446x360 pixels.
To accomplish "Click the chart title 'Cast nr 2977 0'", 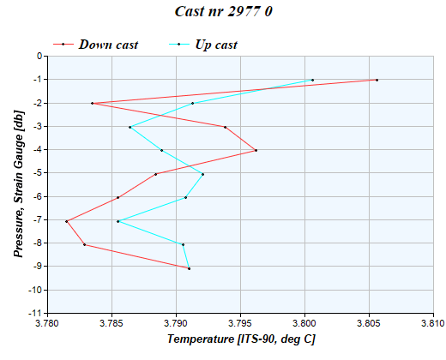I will pyautogui.click(x=223, y=12).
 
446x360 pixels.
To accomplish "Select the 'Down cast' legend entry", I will pyautogui.click(x=108, y=44).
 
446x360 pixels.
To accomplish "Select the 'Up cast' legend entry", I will pyautogui.click(x=215, y=44).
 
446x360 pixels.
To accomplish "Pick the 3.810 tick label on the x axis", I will pyautogui.click(x=433, y=325).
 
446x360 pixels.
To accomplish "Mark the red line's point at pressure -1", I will pyautogui.click(x=377, y=80).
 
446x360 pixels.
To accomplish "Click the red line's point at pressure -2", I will pyautogui.click(x=92, y=104).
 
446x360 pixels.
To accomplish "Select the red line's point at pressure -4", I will pyautogui.click(x=256, y=150).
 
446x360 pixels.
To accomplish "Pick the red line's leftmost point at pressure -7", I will pyautogui.click(x=66, y=221).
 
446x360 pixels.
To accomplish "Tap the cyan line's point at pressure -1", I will pyautogui.click(x=312, y=80).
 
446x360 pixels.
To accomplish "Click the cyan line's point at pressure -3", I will pyautogui.click(x=130, y=127).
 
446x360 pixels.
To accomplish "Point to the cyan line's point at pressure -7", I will pyautogui.click(x=118, y=221).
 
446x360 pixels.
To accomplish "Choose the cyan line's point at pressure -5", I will pyautogui.click(x=202, y=174).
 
